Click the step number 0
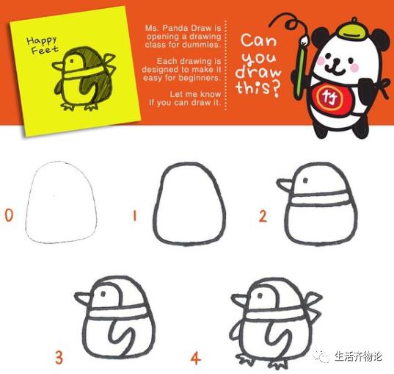click(9, 216)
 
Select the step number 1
click(134, 216)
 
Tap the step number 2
click(263, 216)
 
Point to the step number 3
click(59, 359)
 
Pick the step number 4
click(195, 359)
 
